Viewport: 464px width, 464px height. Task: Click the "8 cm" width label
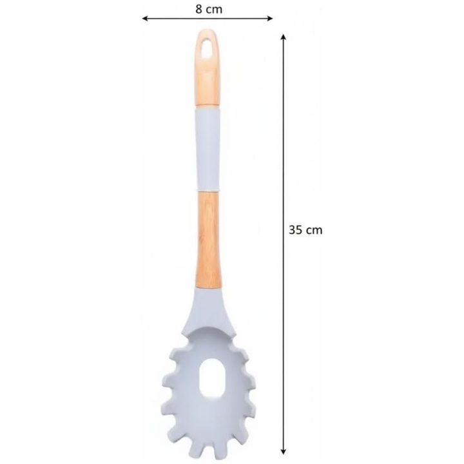[x=209, y=9]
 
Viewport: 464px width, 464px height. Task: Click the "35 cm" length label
[x=305, y=230]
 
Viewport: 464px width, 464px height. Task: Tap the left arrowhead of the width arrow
[x=145, y=18]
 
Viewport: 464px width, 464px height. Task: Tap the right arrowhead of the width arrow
[x=269, y=18]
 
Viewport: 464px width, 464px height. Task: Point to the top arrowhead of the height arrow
[x=283, y=37]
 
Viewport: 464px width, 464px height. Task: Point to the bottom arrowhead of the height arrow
[x=283, y=452]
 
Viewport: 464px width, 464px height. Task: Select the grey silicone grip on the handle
[x=208, y=149]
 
